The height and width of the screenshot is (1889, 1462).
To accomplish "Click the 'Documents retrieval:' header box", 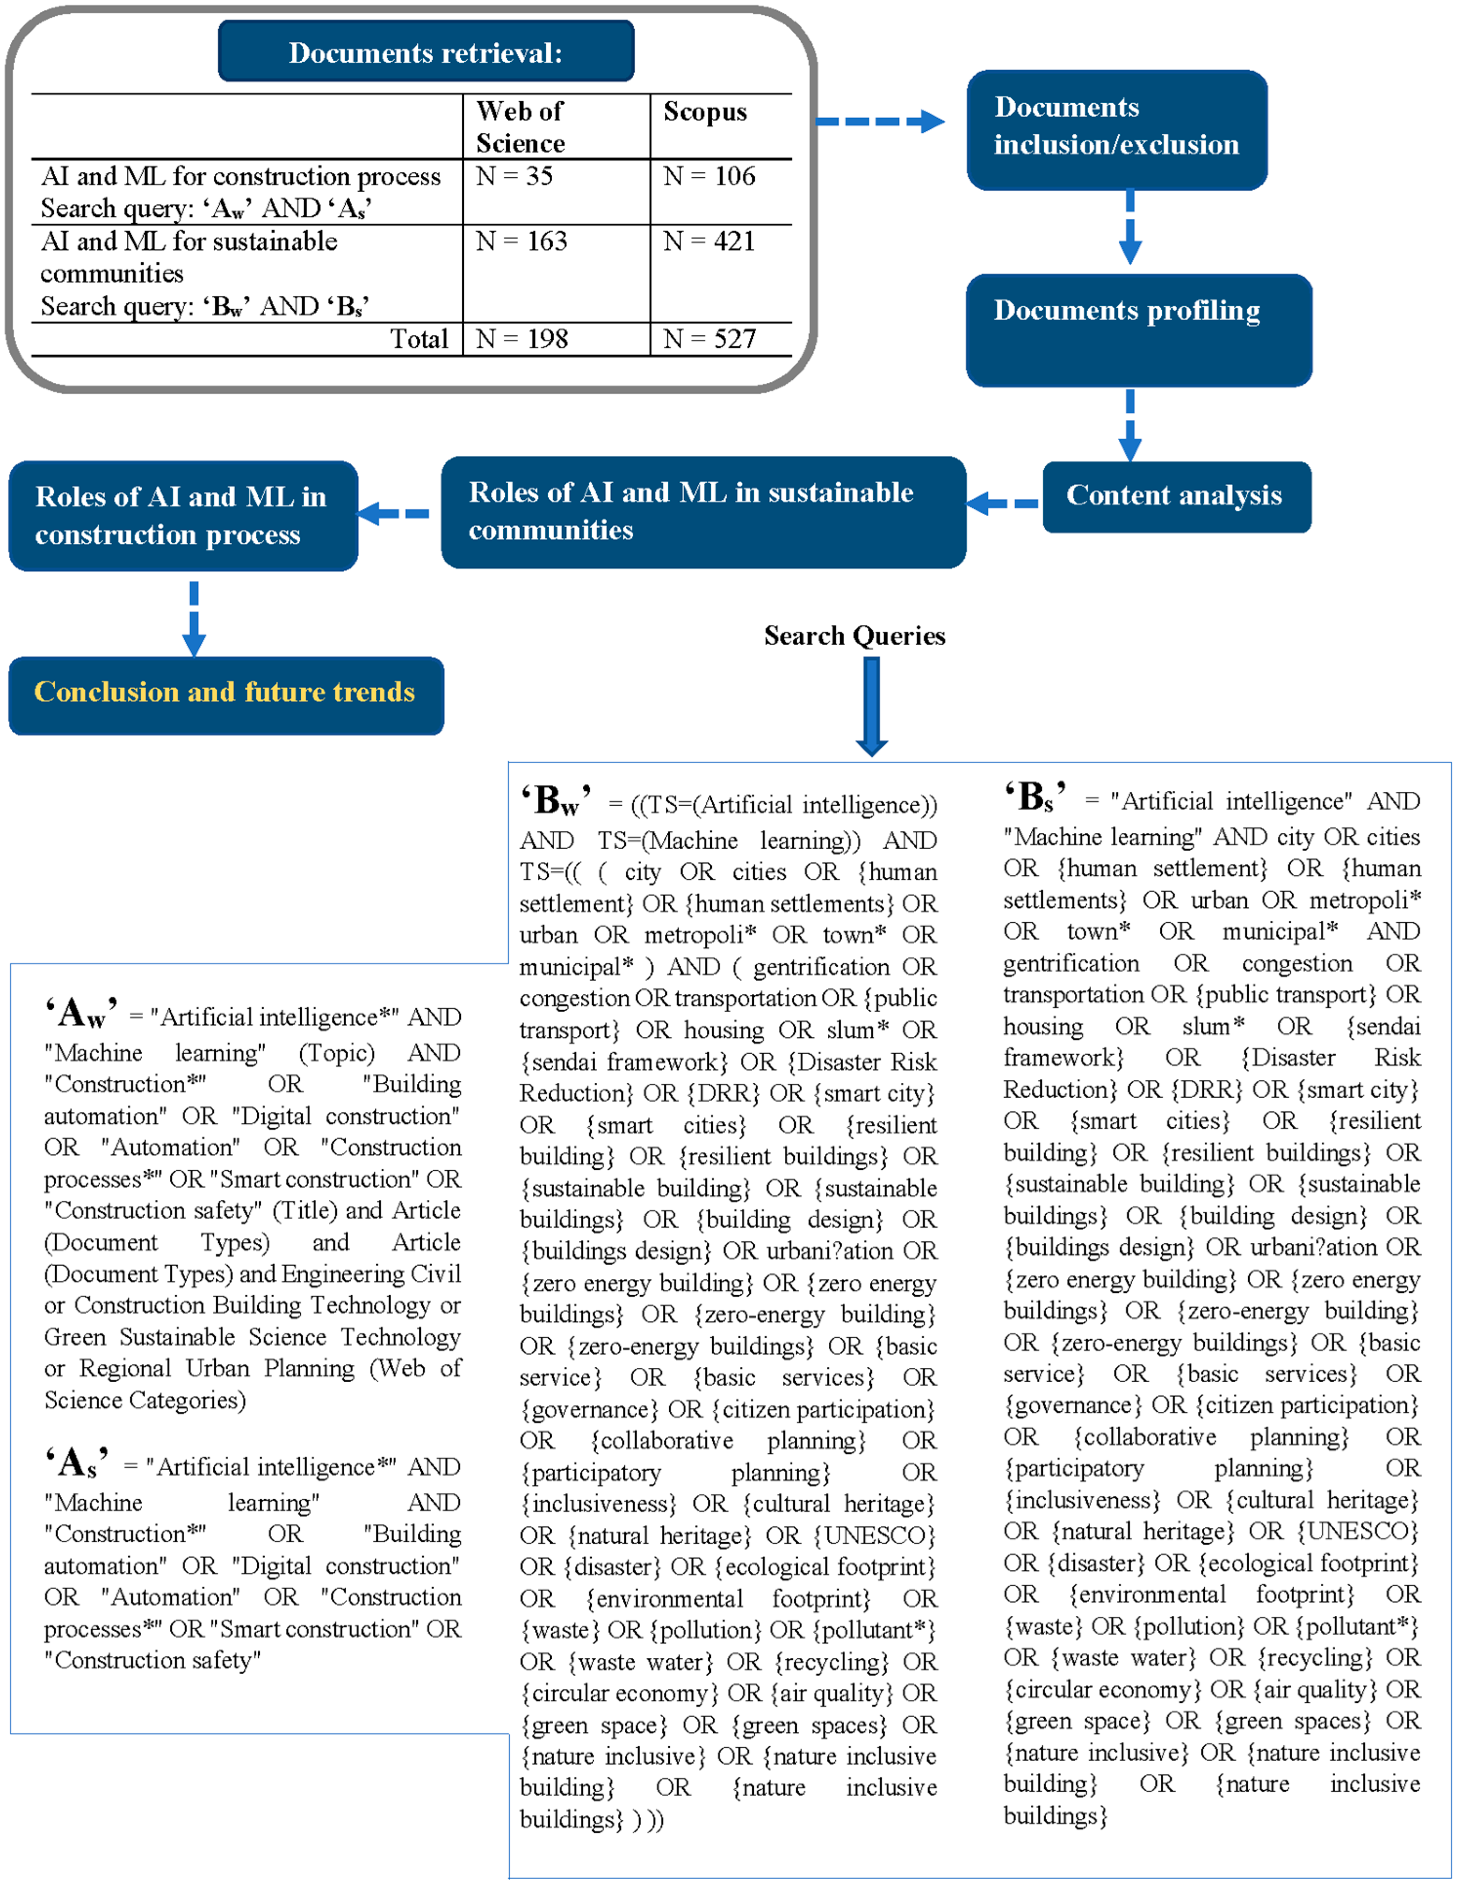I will click(x=426, y=52).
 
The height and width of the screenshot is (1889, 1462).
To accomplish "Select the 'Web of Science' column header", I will click(x=521, y=126).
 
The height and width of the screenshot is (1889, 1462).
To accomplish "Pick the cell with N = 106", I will click(x=709, y=176).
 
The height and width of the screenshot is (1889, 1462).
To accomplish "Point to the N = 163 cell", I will click(x=521, y=241).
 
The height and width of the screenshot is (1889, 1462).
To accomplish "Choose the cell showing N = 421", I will click(x=709, y=241).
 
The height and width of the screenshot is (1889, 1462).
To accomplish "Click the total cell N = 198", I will click(x=521, y=339).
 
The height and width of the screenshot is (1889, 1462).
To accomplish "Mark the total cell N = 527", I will click(x=709, y=339).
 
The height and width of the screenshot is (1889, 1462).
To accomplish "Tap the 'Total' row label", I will click(x=420, y=339).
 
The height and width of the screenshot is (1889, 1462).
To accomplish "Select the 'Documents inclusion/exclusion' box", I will click(x=1116, y=130).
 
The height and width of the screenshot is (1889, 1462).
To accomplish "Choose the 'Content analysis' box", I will click(x=1176, y=496).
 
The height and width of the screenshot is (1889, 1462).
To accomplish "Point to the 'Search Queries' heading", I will click(x=854, y=636).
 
